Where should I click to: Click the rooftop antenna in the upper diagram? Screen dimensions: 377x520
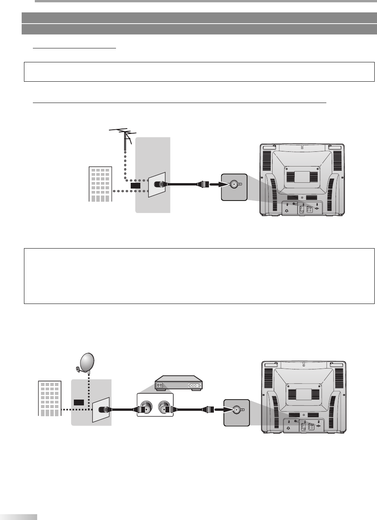pos(123,136)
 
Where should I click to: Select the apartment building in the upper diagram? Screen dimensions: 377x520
pos(100,184)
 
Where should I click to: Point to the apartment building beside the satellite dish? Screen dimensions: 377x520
pos(49,398)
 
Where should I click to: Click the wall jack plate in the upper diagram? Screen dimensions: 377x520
pos(157,184)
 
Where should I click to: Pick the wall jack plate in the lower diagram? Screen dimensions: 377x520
pos(101,409)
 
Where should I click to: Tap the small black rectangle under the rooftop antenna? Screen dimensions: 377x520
pos(135,186)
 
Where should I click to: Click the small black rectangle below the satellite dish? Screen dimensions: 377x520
pos(79,402)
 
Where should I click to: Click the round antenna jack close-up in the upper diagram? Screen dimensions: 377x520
pos(234,185)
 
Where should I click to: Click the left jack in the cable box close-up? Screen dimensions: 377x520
pos(146,406)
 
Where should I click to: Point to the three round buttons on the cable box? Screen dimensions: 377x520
pos(194,386)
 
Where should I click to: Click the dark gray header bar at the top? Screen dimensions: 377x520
pos(199,18)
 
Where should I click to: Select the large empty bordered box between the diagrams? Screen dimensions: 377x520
pos(199,276)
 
